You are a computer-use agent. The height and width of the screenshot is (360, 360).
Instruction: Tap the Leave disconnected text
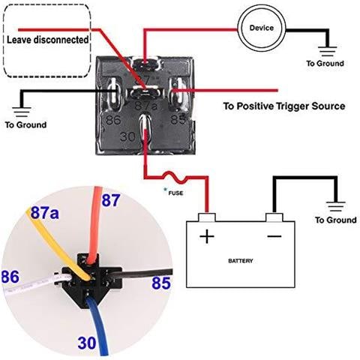pos(46,38)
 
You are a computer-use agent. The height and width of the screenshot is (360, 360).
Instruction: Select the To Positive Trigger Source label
pos(284,106)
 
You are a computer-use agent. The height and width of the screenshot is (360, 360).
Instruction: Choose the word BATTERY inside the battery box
pos(240,261)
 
